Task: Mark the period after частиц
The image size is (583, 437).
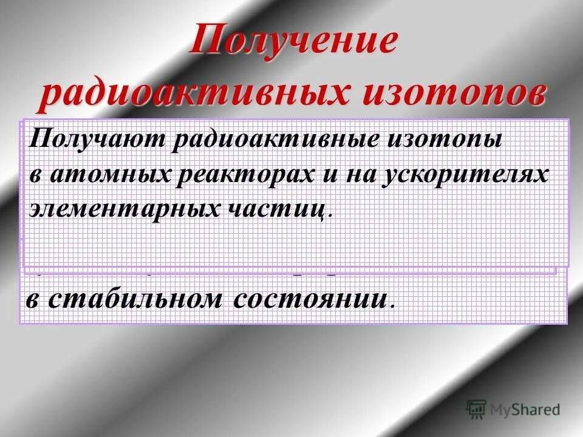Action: tap(330, 214)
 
